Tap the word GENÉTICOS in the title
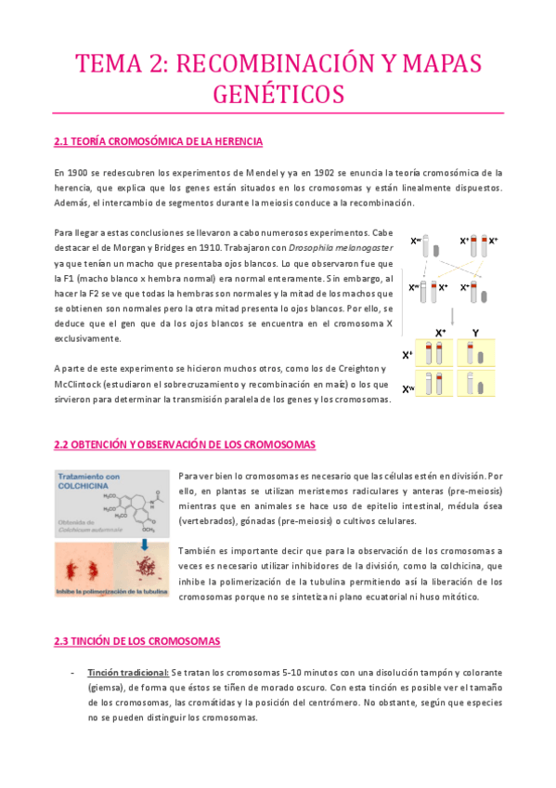pos(278,95)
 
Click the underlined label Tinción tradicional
pos(128,672)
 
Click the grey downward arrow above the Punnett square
pos(451,313)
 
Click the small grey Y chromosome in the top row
pos(437,250)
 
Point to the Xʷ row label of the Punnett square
pos(408,388)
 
